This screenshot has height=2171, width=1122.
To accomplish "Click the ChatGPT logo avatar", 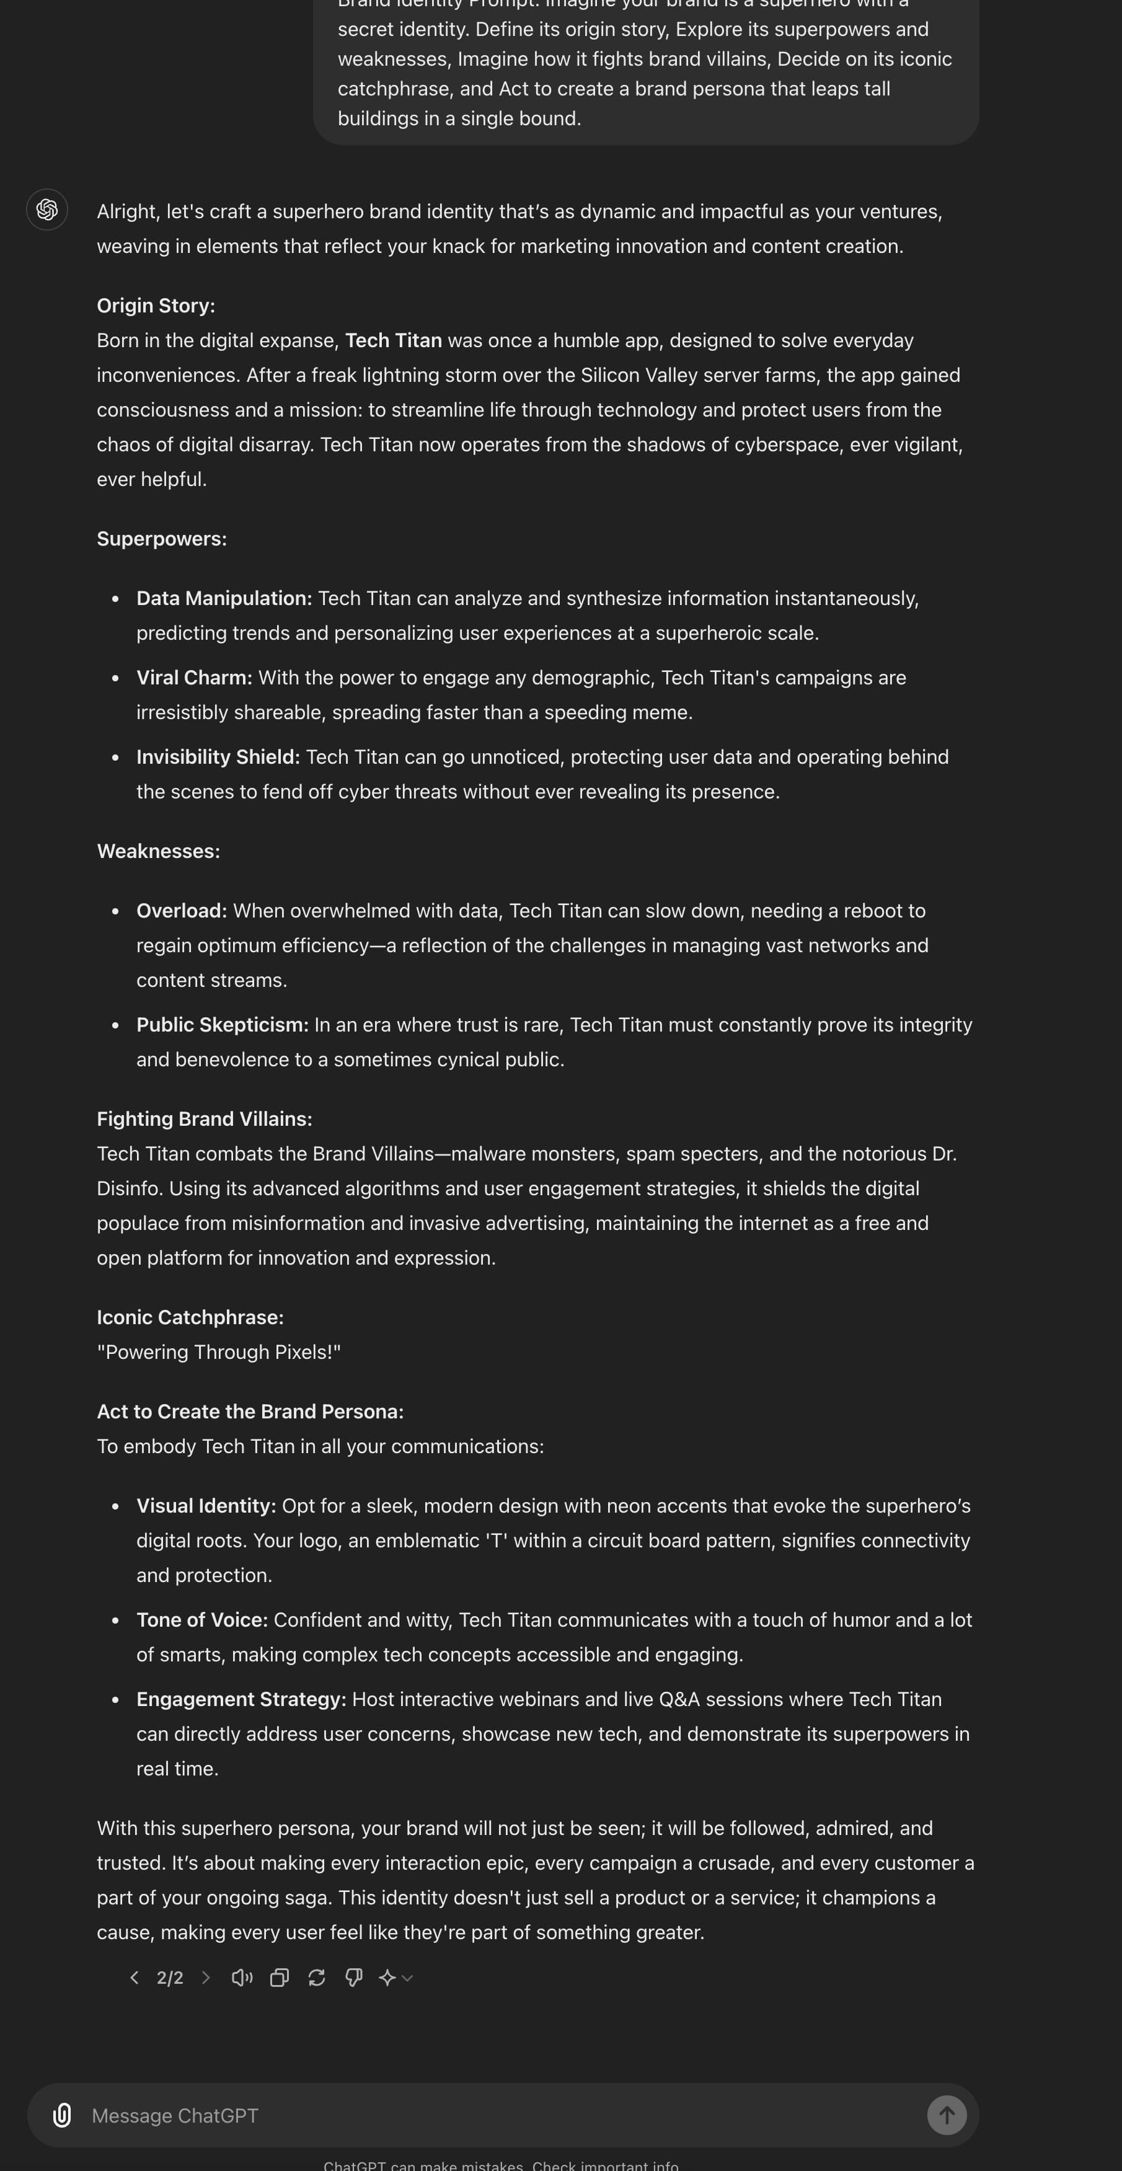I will [x=47, y=210].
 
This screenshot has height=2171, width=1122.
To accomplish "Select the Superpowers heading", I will [x=162, y=539].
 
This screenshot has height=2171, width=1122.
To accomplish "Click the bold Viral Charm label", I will [x=195, y=678].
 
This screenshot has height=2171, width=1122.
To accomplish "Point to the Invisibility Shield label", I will [x=218, y=757].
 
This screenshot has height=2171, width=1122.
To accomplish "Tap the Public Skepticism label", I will [x=223, y=1025].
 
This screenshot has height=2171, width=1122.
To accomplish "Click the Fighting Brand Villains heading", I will [x=205, y=1119].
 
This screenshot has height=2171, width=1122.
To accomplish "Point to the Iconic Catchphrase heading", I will [x=190, y=1317].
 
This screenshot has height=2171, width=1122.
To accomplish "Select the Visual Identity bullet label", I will [x=206, y=1506].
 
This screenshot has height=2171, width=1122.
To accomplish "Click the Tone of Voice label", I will [x=202, y=1620].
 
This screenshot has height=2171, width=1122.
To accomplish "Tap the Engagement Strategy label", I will [x=241, y=1699].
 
